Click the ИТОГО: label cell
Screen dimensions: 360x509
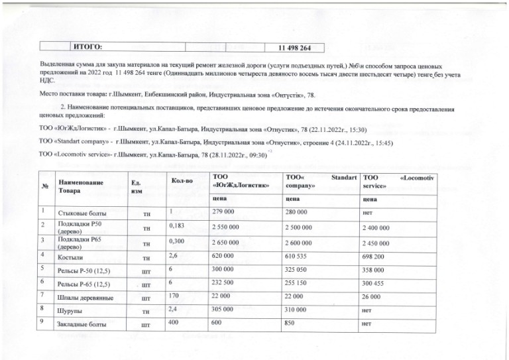(x=87, y=47)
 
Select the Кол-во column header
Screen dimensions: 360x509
(x=181, y=180)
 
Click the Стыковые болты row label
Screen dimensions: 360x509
(x=83, y=213)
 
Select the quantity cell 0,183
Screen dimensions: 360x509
(x=176, y=227)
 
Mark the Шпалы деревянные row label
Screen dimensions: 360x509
(x=85, y=298)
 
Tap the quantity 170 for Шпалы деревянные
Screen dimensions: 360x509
(x=175, y=296)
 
